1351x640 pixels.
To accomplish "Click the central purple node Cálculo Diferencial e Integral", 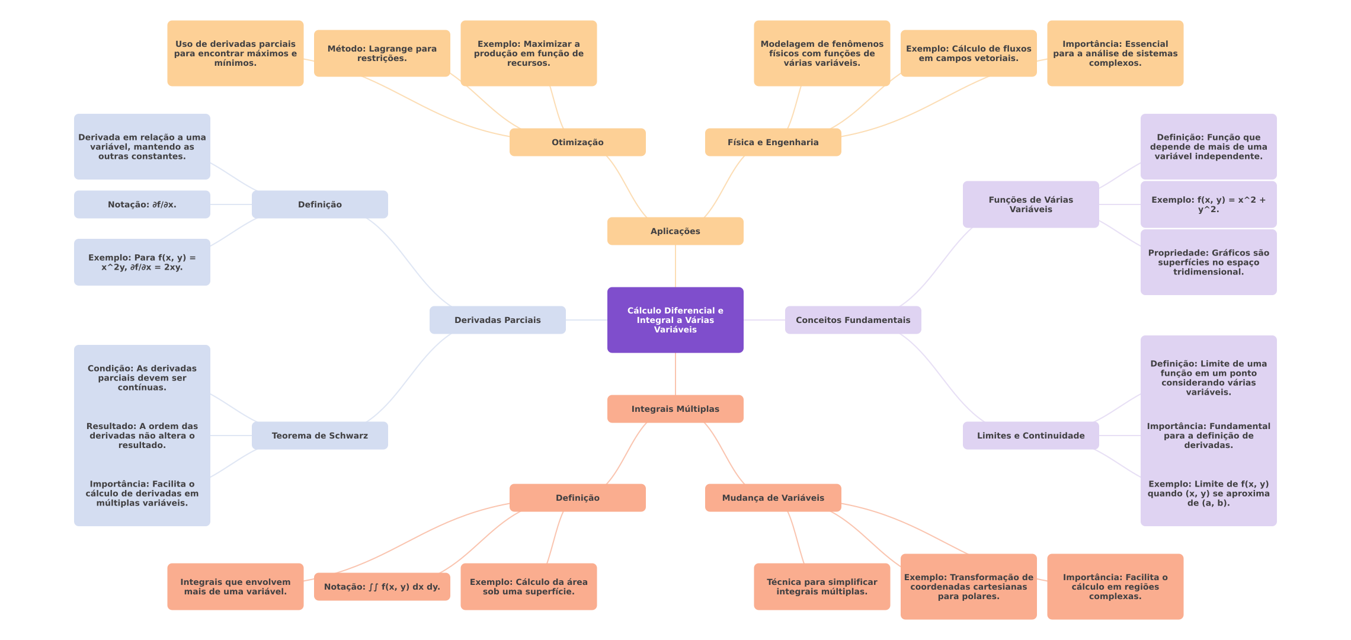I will tap(675, 320).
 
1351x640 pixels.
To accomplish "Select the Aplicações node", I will tap(675, 231).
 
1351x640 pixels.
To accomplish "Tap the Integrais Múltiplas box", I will tap(675, 409).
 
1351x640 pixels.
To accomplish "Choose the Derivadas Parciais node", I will tap(497, 320).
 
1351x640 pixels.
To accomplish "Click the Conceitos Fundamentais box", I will tap(853, 320).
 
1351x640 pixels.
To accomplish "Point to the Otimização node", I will tap(577, 142).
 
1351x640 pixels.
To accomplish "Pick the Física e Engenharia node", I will tap(773, 142).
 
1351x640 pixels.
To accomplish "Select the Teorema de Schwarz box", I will tap(319, 436).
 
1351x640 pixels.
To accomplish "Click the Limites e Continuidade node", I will tap(1030, 436).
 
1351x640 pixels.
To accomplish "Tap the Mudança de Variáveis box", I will tap(773, 498).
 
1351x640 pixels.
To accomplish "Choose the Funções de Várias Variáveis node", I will tap(1030, 204).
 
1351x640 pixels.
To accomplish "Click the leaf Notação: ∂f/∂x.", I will tap(142, 204).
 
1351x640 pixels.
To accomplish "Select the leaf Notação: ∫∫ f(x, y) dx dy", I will tap(382, 587).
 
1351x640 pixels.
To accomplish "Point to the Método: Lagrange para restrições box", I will tap(382, 53).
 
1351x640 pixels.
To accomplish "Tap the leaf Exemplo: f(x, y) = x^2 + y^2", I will tap(1208, 204).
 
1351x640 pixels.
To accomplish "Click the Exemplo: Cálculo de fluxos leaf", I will tap(968, 53).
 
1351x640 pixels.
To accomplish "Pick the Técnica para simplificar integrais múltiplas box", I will tap(821, 587).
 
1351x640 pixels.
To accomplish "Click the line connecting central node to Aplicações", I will tap(675, 266).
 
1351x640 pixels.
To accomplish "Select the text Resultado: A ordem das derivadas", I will tap(142, 436).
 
